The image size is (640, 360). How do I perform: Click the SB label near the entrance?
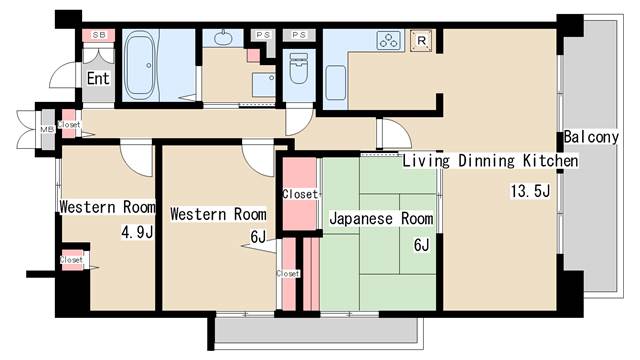[x=98, y=36]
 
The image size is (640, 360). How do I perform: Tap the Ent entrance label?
[x=98, y=78]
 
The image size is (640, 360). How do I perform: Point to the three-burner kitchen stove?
[x=388, y=41]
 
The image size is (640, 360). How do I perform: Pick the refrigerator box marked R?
[x=423, y=41]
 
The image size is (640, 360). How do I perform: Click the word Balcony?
[x=596, y=136]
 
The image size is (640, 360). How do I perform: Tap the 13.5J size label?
[x=531, y=192]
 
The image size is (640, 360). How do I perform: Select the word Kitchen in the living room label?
[x=550, y=160]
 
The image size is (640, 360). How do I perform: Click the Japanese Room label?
[x=381, y=217]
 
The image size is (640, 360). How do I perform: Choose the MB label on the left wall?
[x=46, y=128]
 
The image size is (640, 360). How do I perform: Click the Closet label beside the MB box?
[x=70, y=125]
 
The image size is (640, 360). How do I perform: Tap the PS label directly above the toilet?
[x=298, y=35]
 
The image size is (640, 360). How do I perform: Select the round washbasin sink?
[x=221, y=40]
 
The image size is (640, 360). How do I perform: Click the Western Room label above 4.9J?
[x=107, y=208]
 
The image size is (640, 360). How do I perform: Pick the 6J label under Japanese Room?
[x=420, y=245]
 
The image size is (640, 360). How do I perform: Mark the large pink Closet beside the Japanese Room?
[x=299, y=194]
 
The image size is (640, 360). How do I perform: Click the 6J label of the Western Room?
[x=258, y=238]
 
